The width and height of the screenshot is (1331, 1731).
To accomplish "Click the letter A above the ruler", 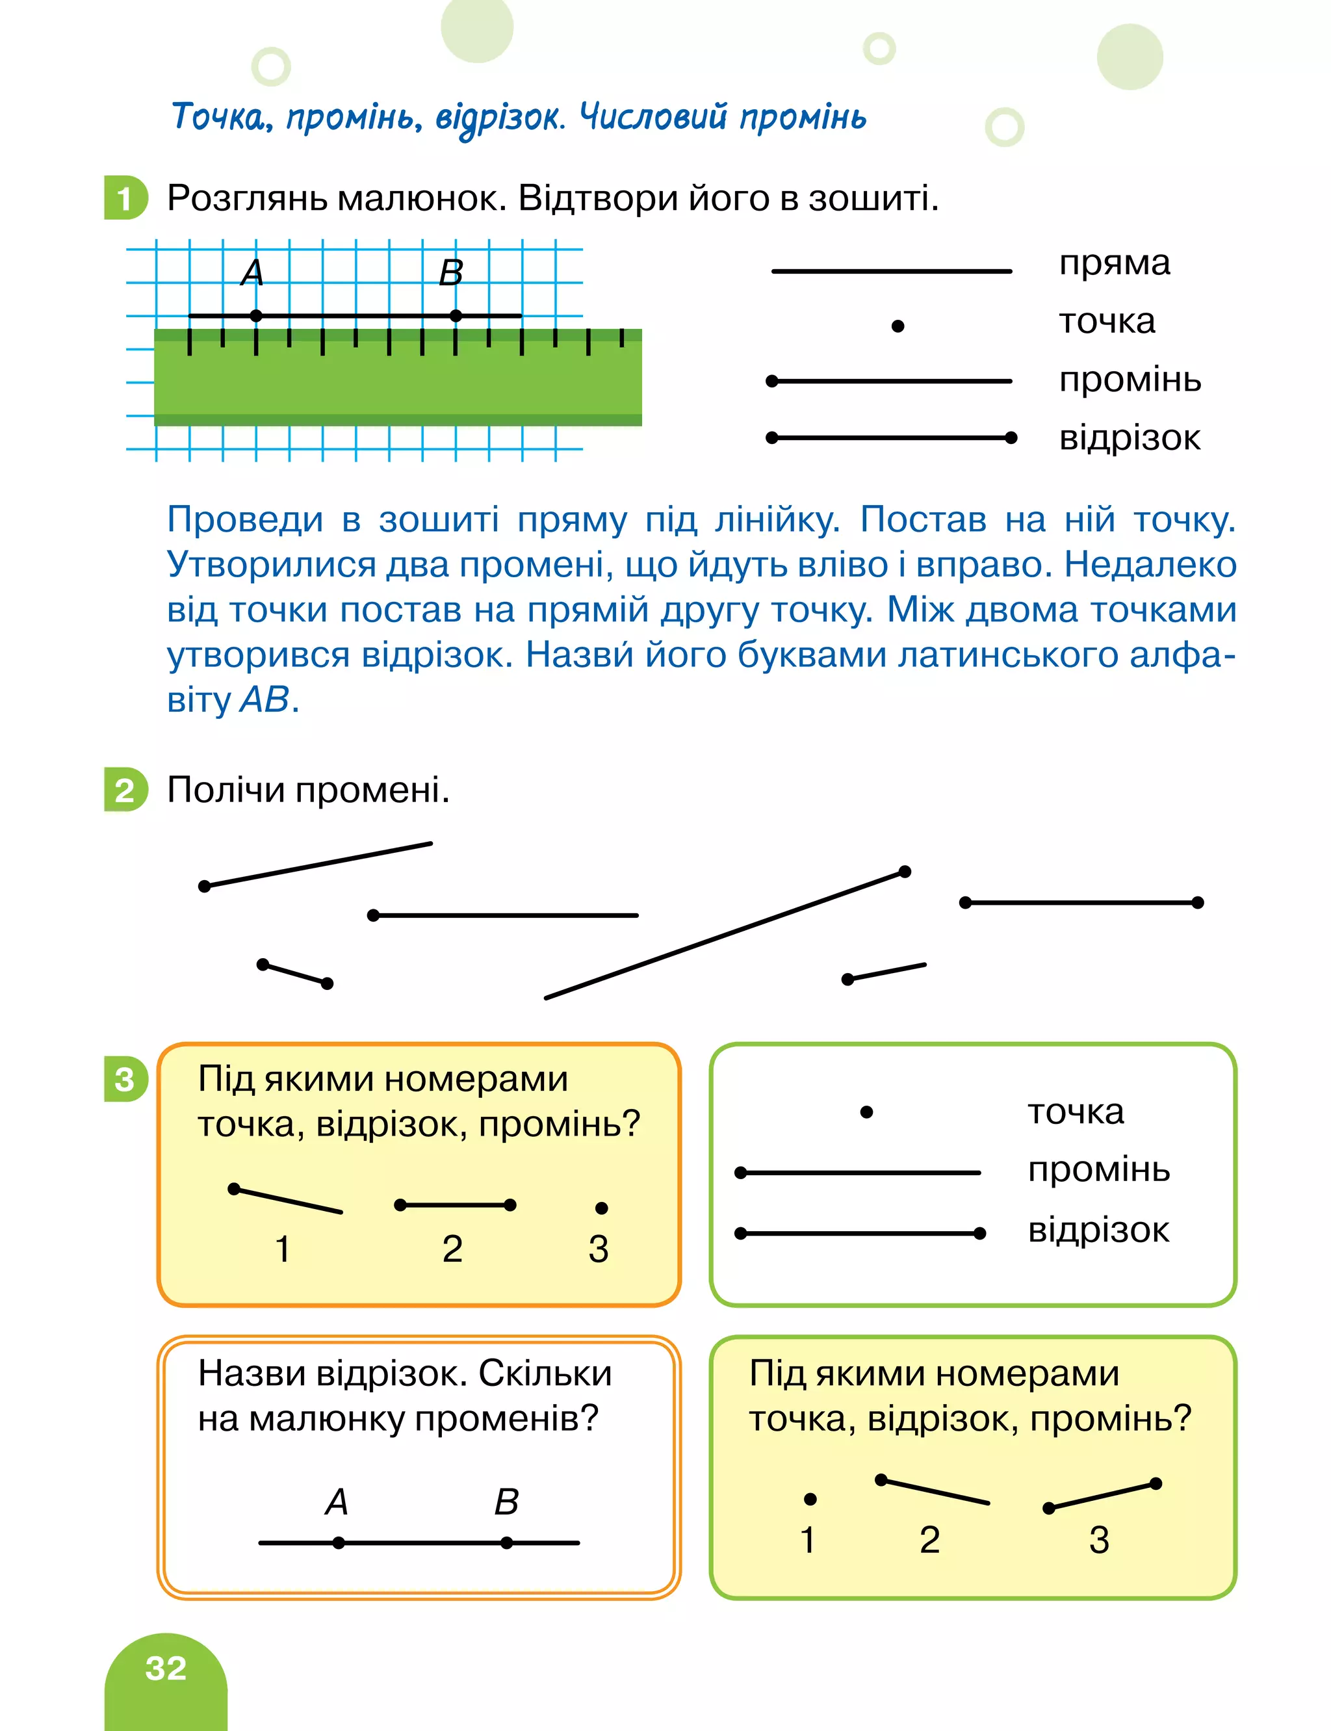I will tap(252, 272).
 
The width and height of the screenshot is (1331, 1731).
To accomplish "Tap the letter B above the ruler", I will tap(451, 272).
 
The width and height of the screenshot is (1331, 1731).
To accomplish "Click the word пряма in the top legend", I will tap(1114, 263).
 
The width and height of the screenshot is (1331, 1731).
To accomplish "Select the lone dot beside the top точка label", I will tap(898, 326).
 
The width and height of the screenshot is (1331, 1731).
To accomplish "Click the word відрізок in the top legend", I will tap(1129, 438).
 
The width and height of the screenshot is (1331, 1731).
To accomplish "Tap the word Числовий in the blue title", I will tap(652, 117).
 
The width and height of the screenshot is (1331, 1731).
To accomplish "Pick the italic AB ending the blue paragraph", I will tap(265, 699).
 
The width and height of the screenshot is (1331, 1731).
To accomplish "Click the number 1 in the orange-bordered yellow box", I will tap(283, 1249).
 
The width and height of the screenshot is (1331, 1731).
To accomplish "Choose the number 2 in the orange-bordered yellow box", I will tap(452, 1249).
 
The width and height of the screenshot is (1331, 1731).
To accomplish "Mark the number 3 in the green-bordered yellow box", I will tap(1099, 1540).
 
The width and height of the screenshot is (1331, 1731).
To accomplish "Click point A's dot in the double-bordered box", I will tap(339, 1542).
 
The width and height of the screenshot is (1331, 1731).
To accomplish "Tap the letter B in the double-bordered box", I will tap(506, 1502).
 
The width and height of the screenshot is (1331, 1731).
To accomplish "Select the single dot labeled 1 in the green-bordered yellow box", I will tap(810, 1499).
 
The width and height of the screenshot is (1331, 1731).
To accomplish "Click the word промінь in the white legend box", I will tap(1099, 1169).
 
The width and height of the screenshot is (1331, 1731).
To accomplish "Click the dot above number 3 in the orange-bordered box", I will tap(601, 1208).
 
